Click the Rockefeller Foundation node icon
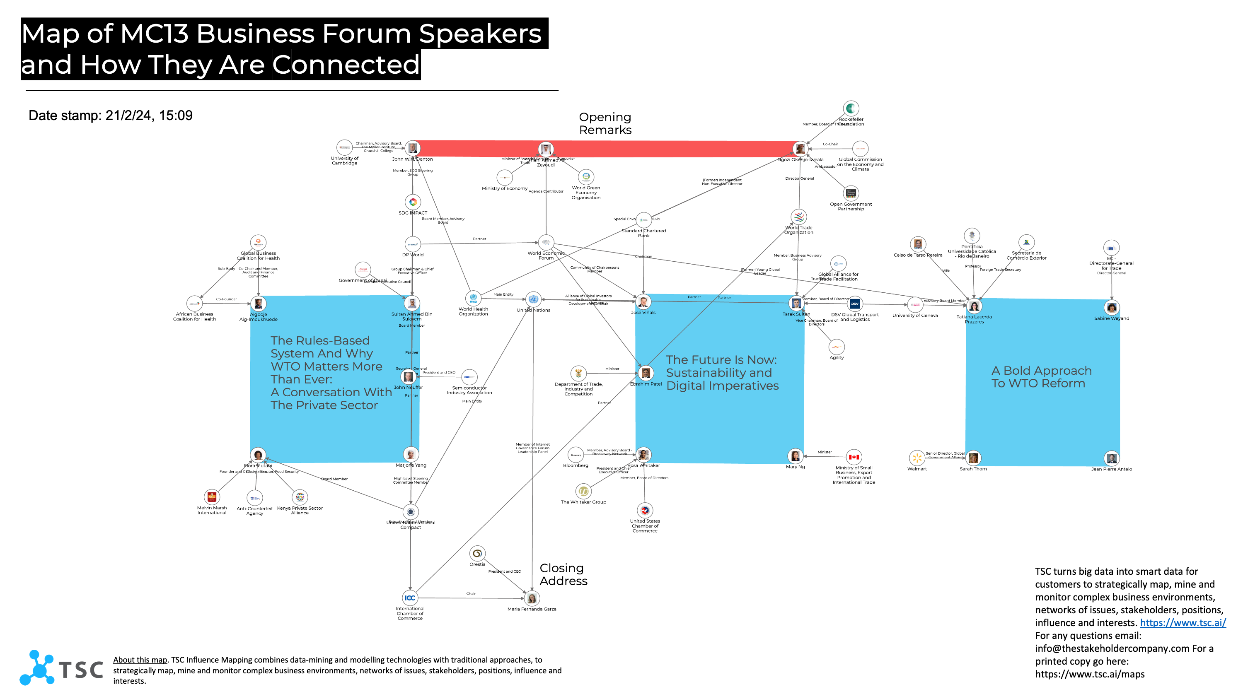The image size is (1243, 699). (851, 108)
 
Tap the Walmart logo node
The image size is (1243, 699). (917, 457)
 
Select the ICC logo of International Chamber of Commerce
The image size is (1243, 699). (410, 598)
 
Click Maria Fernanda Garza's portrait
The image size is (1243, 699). (532, 598)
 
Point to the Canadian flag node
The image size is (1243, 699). (854, 457)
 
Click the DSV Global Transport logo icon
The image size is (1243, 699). (854, 304)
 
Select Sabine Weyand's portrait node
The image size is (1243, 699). (1112, 307)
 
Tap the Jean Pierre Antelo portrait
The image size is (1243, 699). (1111, 458)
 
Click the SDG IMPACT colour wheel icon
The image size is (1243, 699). (413, 202)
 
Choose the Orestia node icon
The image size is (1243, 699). (477, 553)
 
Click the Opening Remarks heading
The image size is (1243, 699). (605, 123)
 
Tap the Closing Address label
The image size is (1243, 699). (563, 574)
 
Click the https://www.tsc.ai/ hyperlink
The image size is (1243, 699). (1183, 623)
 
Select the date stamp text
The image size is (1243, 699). (111, 116)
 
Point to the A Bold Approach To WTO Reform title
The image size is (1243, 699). (1041, 377)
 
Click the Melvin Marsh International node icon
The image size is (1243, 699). (211, 497)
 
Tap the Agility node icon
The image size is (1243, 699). (836, 347)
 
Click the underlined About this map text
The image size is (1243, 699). (140, 660)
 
